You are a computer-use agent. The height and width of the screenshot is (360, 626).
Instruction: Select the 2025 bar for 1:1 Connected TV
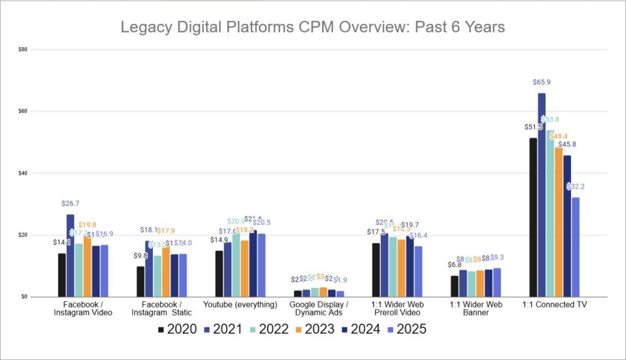coord(575,247)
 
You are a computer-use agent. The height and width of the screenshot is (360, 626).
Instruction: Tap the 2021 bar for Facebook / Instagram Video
coord(70,255)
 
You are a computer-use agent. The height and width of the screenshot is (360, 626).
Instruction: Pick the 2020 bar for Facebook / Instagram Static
coord(141,282)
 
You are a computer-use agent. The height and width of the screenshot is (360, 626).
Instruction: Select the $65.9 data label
coord(542,82)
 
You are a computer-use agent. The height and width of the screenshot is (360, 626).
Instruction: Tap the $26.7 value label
coord(70,203)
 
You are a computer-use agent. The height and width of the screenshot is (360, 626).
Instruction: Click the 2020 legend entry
coord(177,329)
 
